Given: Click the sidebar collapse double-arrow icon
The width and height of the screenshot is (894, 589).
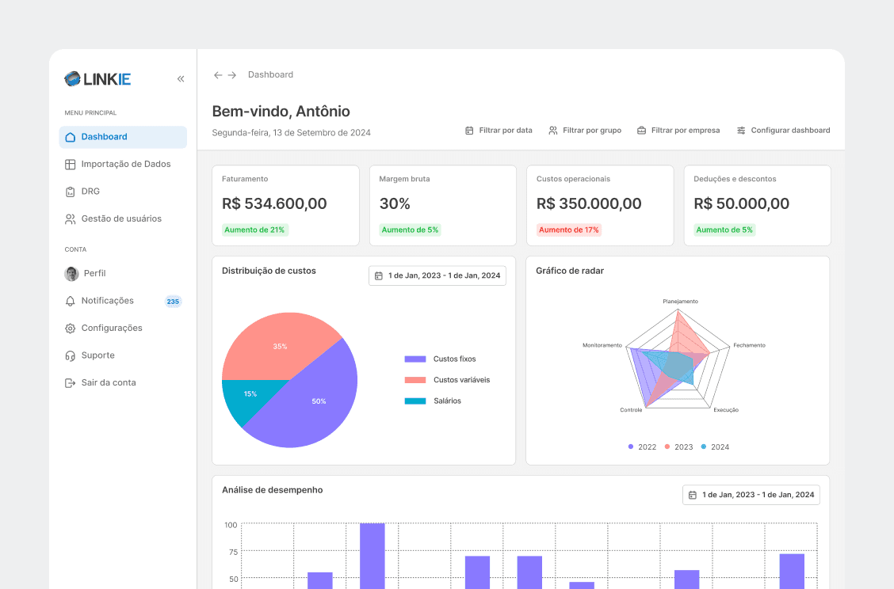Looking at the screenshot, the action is [x=181, y=78].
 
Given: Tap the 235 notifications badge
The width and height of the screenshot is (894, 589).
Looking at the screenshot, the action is [x=173, y=302].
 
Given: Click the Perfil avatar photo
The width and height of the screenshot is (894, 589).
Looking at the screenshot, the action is [x=71, y=274].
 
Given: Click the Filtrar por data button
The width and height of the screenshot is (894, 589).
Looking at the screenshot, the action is [x=499, y=131].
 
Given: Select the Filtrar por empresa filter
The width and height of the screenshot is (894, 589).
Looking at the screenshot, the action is [x=678, y=131].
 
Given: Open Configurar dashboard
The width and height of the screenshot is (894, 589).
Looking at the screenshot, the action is [x=783, y=131].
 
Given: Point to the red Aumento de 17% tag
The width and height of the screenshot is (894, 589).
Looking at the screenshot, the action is [x=568, y=230].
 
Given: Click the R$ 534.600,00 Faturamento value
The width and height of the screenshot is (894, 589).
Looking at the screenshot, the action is [x=274, y=203].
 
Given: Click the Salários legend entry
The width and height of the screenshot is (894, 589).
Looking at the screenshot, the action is [x=433, y=401].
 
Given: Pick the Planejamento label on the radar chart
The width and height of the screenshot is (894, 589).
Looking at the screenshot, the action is [x=680, y=302].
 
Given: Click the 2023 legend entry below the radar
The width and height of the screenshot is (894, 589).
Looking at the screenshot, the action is [x=679, y=447].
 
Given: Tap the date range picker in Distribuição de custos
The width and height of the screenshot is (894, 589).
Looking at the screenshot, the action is [x=437, y=275].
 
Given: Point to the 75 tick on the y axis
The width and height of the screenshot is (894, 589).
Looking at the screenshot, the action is [x=233, y=552].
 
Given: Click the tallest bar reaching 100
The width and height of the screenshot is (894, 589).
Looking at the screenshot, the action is [x=372, y=556].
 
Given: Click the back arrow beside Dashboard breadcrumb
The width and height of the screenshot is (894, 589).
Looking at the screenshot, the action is [x=218, y=75].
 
